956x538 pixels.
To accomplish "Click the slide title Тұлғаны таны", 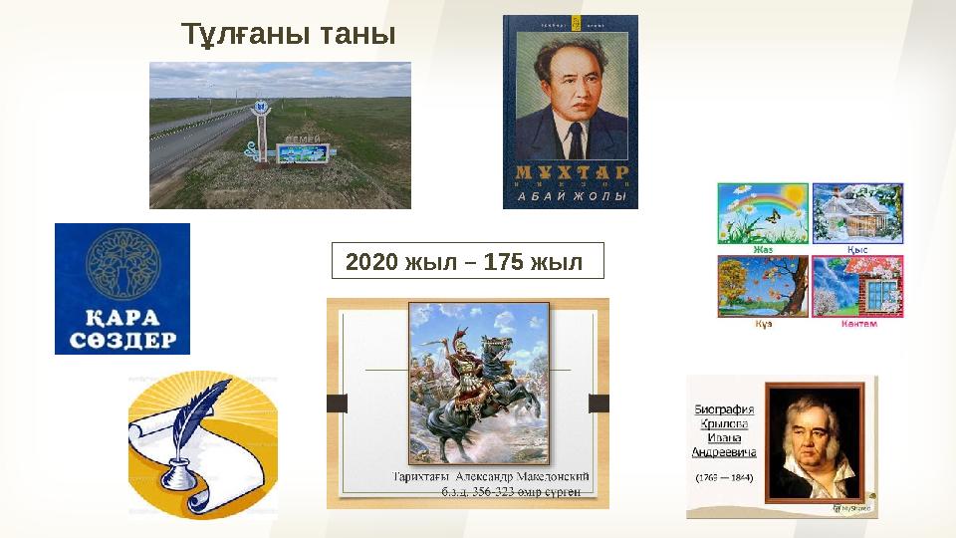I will (288, 34).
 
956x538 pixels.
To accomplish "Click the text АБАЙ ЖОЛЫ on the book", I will (571, 197).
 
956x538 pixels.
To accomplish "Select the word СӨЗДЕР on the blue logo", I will (122, 340).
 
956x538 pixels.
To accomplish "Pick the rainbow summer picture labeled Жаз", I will (763, 213).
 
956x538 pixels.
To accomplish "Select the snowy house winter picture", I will (857, 213).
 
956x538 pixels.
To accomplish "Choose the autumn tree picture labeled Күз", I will (763, 287).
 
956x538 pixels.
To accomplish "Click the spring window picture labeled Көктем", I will (857, 287).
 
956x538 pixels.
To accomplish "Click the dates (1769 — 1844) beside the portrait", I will (724, 478).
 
